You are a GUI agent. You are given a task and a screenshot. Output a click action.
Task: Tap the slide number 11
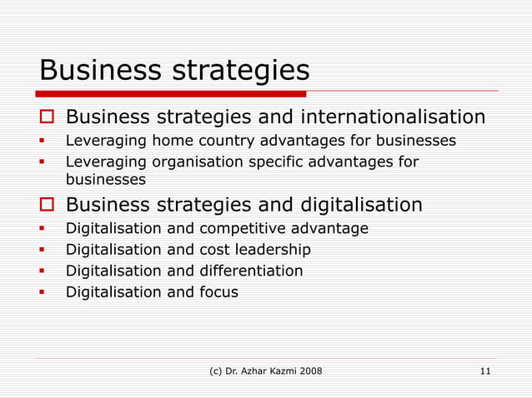coord(485,371)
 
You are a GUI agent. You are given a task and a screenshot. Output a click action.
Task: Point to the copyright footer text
coord(265,371)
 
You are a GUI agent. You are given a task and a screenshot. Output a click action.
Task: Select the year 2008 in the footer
coord(308,371)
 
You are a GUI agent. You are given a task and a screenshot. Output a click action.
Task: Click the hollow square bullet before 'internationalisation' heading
coord(48,116)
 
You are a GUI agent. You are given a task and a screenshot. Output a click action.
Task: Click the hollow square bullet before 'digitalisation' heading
coord(48,205)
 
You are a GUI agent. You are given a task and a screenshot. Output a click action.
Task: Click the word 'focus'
coord(218,292)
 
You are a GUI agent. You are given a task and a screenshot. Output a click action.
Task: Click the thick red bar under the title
coord(171,93)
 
